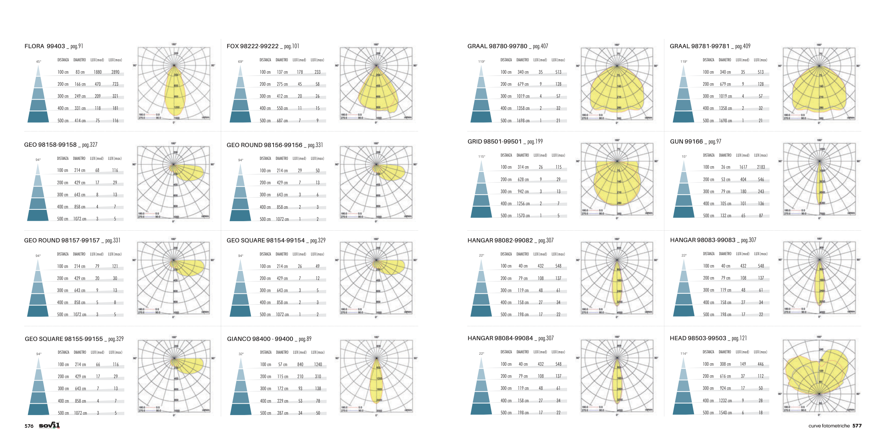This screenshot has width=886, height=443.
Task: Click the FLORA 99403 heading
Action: (x=45, y=46)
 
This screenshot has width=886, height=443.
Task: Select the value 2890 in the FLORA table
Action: (x=115, y=72)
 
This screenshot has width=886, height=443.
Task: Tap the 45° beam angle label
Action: (x=38, y=62)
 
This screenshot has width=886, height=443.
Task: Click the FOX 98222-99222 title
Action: (x=252, y=46)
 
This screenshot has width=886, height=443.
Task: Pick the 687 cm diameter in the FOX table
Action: (x=282, y=121)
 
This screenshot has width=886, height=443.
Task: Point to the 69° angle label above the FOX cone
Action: (x=241, y=62)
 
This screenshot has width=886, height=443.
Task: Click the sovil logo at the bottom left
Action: (x=49, y=425)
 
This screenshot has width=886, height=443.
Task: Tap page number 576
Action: (x=29, y=426)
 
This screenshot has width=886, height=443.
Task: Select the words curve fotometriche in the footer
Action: (x=829, y=426)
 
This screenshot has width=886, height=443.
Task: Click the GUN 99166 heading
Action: (x=686, y=142)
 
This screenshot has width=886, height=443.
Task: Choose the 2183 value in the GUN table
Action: (x=761, y=167)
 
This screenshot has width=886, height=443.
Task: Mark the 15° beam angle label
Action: (x=684, y=157)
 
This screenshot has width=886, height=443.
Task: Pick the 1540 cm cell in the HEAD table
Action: (x=725, y=413)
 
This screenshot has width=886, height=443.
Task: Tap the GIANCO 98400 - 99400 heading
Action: (x=260, y=339)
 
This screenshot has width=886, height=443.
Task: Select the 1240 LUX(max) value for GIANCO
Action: (x=318, y=365)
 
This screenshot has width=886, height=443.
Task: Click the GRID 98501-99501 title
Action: (x=494, y=142)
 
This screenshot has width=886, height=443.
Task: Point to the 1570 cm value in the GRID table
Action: (x=523, y=216)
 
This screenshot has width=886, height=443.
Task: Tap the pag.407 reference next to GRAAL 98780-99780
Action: (x=540, y=46)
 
